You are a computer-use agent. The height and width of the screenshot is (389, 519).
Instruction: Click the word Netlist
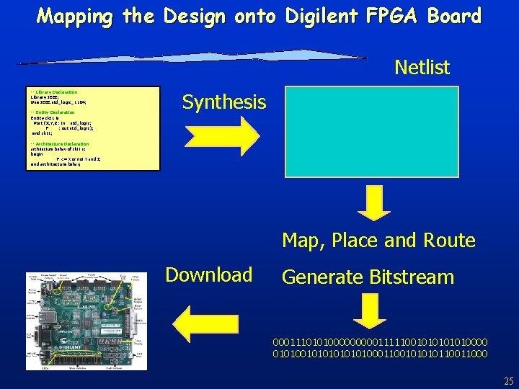click(422, 68)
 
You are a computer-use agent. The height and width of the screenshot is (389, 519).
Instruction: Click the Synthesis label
click(223, 102)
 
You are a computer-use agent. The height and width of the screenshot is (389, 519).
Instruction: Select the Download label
click(208, 274)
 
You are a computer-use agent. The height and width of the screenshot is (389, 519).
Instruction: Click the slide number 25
click(508, 381)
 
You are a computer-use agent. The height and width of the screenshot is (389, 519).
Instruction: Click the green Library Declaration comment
click(55, 92)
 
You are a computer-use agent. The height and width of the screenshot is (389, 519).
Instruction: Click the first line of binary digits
click(380, 341)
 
